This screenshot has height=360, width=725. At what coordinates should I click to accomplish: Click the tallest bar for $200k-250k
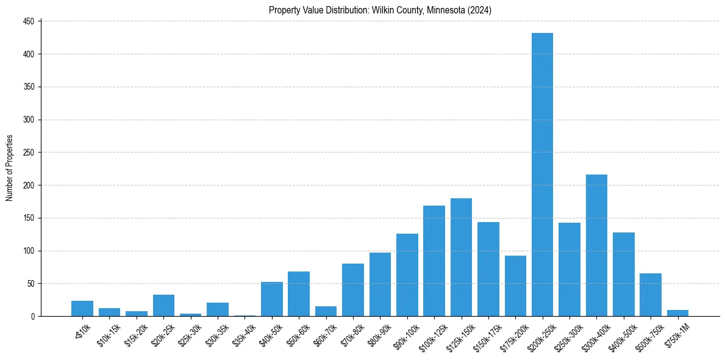point(542,175)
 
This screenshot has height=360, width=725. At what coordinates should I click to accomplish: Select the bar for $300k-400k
point(596,245)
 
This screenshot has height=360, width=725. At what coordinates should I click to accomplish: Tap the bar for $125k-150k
point(461,257)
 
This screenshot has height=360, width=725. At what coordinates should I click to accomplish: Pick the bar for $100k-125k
point(434,261)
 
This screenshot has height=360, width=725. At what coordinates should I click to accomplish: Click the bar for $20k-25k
point(163,306)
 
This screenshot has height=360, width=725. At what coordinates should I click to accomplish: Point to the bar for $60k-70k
point(326,311)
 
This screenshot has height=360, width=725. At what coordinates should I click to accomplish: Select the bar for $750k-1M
point(677,313)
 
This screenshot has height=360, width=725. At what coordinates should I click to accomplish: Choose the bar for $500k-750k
point(651,295)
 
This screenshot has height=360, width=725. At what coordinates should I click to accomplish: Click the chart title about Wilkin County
point(380,10)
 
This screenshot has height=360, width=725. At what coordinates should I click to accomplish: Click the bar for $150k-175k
point(488,269)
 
